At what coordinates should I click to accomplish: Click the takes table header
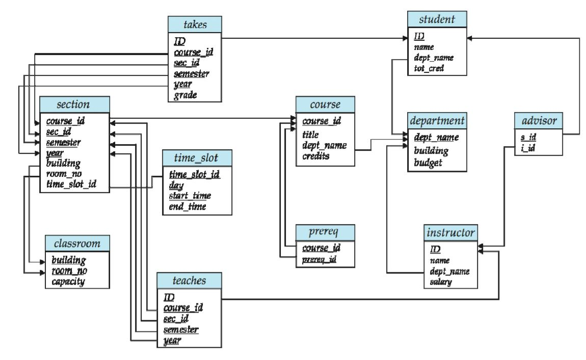(195, 24)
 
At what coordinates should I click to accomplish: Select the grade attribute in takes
(185, 95)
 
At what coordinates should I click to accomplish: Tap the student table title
(437, 19)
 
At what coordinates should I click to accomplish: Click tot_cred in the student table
(429, 68)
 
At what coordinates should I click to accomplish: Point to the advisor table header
(539, 121)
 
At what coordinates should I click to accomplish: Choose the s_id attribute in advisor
(528, 137)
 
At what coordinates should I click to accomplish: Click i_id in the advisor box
(528, 148)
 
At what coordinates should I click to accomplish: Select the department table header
(437, 121)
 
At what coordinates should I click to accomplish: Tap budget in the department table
(428, 163)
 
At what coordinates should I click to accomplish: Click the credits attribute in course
(316, 156)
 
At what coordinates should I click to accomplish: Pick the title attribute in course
(310, 134)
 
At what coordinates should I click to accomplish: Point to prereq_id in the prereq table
(319, 259)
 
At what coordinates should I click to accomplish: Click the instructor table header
(451, 233)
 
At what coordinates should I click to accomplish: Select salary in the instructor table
(441, 282)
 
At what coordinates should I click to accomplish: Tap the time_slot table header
(197, 158)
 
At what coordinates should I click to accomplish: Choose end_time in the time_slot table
(188, 206)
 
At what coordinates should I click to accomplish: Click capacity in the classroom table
(68, 282)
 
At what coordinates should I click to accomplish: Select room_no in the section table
(64, 174)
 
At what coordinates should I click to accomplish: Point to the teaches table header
(189, 281)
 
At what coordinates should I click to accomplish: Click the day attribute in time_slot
(176, 185)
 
